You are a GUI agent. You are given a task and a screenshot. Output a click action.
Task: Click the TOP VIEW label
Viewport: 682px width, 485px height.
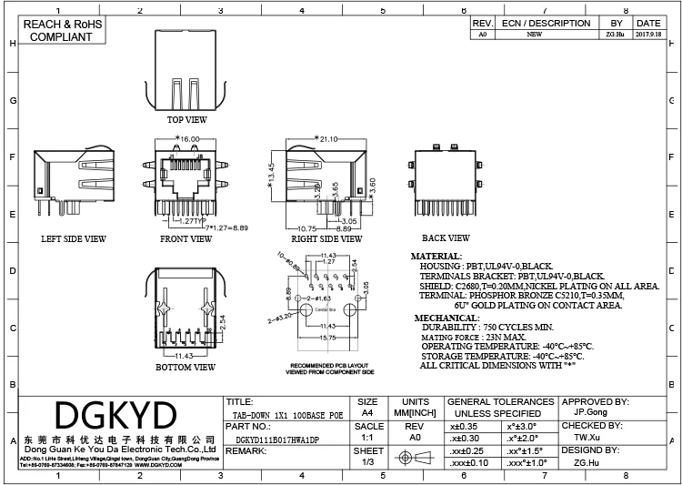point(186,119)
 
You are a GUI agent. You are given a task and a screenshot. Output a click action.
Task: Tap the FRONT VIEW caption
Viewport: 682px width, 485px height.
point(186,239)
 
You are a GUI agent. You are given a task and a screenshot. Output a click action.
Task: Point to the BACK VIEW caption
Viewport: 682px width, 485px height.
point(446,239)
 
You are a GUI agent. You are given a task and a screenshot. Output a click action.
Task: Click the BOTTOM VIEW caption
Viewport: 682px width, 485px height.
point(186,367)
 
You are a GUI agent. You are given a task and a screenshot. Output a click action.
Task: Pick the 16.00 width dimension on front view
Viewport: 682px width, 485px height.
point(189,139)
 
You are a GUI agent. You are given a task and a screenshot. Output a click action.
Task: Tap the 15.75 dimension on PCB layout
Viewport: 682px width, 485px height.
point(326,338)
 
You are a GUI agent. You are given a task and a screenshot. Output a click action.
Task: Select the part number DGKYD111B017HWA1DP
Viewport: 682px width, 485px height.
point(272,438)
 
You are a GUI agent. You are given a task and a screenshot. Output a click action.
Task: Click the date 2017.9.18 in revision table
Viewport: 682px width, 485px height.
point(648,35)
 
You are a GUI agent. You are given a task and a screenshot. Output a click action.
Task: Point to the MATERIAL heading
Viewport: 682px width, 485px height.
point(436,257)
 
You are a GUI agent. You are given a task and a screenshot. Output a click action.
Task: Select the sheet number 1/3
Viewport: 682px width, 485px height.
point(368,462)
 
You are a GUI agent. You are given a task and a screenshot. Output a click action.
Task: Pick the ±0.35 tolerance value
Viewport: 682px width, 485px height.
point(465,425)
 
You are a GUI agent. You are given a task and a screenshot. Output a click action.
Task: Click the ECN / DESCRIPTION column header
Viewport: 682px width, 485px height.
point(546,23)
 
